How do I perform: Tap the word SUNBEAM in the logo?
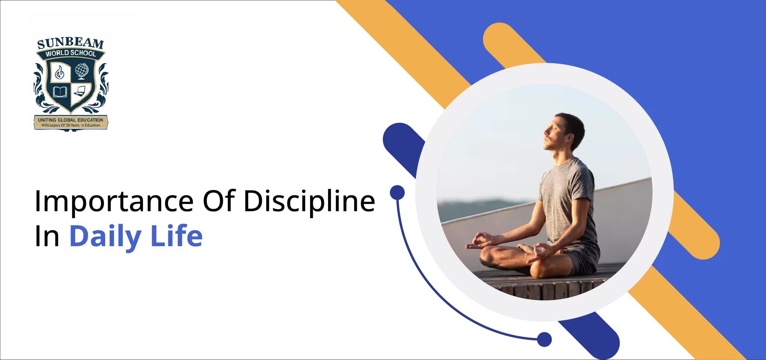(x=70, y=43)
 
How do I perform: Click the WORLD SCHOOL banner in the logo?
(x=70, y=54)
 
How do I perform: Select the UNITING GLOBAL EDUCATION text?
(x=71, y=120)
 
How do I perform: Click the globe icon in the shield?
(x=82, y=71)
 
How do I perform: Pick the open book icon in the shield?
(x=60, y=92)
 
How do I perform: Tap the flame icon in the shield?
(x=59, y=72)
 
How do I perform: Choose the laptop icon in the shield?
(x=80, y=91)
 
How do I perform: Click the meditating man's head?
(x=564, y=132)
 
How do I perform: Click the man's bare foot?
(x=525, y=248)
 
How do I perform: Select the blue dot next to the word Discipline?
(x=397, y=192)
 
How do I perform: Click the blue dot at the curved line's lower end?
(x=544, y=339)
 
